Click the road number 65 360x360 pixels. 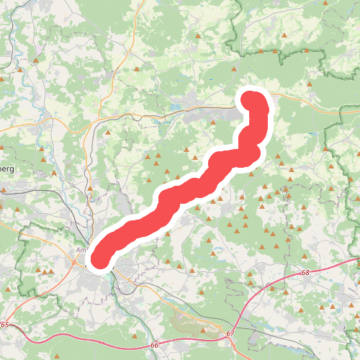5,325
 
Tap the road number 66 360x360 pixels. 154,346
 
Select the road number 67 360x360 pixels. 230,333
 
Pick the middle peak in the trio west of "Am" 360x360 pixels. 45,271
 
